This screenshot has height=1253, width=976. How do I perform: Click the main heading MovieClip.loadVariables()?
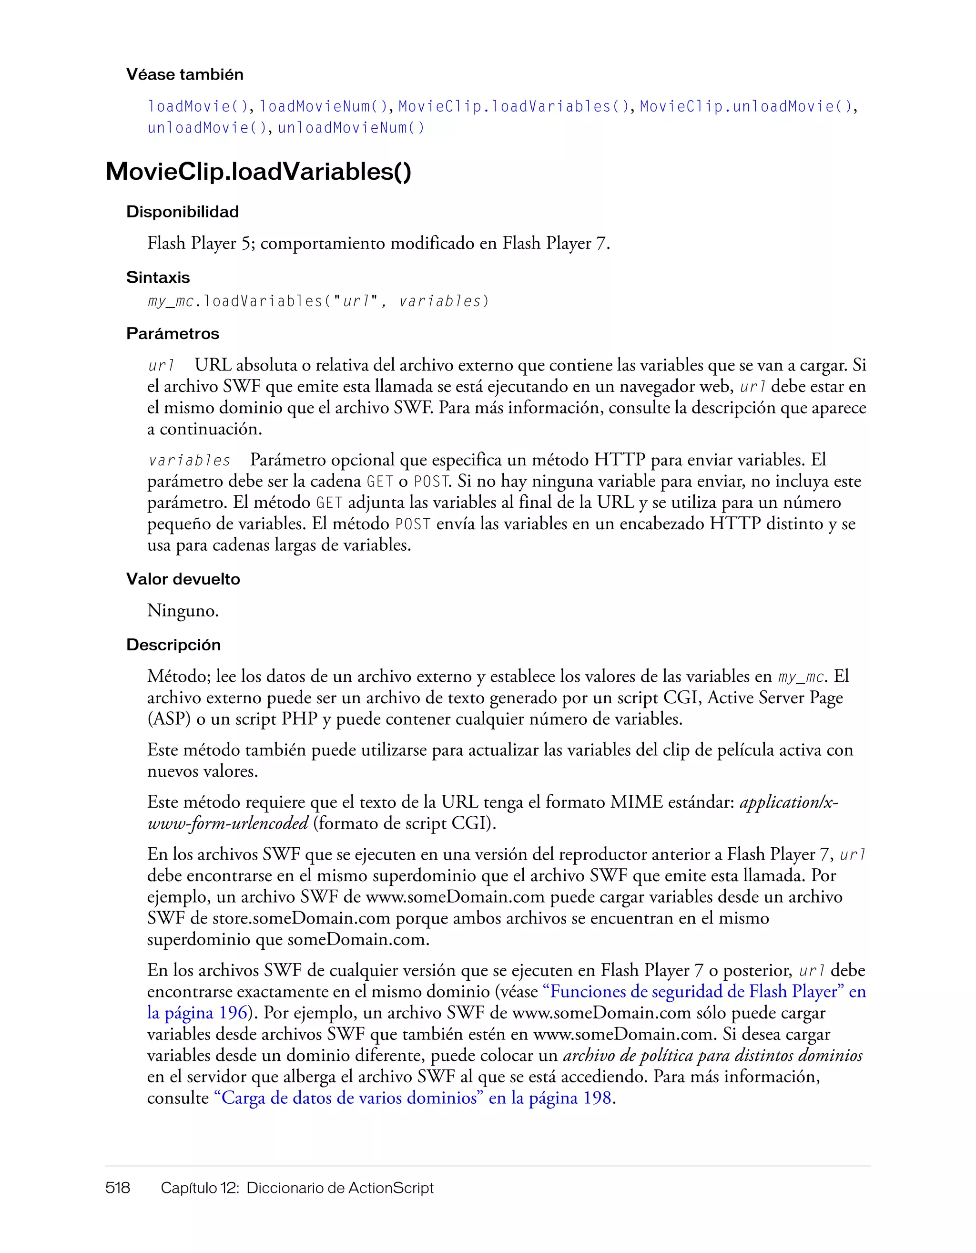(x=259, y=172)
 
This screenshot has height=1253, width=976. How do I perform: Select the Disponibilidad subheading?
(x=183, y=212)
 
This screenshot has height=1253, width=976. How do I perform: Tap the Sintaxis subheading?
(x=158, y=277)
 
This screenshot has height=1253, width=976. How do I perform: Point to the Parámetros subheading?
(x=173, y=334)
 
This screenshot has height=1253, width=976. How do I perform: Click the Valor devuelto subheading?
(x=183, y=579)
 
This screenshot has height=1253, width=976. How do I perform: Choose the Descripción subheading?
(x=173, y=646)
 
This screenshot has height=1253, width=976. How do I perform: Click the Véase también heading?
(x=184, y=74)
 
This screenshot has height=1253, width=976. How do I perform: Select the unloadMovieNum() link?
(x=351, y=128)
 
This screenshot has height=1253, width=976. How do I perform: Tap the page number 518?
(x=118, y=1188)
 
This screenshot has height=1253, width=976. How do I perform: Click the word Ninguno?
(x=183, y=610)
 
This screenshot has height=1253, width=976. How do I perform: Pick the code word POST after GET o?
(x=430, y=482)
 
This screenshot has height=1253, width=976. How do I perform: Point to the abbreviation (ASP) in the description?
(x=169, y=719)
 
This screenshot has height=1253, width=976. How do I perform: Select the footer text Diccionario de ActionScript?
(x=339, y=1188)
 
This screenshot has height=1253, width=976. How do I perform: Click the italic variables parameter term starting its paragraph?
(x=189, y=461)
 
